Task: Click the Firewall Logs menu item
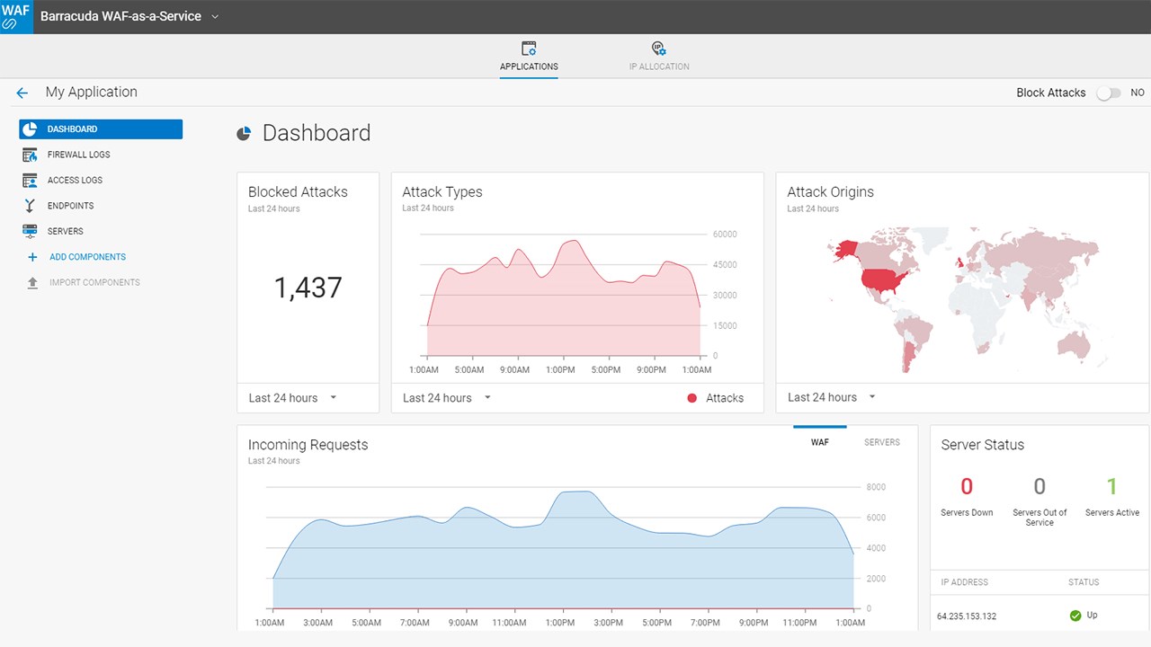click(78, 155)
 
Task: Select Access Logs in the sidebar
click(75, 181)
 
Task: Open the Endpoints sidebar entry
click(70, 206)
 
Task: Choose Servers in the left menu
click(65, 232)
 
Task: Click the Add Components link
click(87, 257)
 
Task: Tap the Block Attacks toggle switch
click(1108, 93)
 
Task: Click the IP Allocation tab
click(659, 56)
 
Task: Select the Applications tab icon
click(529, 49)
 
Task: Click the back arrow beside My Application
click(22, 93)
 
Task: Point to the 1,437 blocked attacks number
click(308, 288)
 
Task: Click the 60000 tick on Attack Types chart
click(725, 235)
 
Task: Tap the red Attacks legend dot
click(691, 398)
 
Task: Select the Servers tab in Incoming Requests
click(881, 442)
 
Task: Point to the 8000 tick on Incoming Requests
click(875, 487)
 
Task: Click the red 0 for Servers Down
click(967, 487)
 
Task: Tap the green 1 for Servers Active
click(1111, 487)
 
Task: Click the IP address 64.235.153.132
click(967, 616)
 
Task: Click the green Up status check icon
click(1075, 616)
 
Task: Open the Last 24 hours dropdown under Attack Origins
click(831, 397)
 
